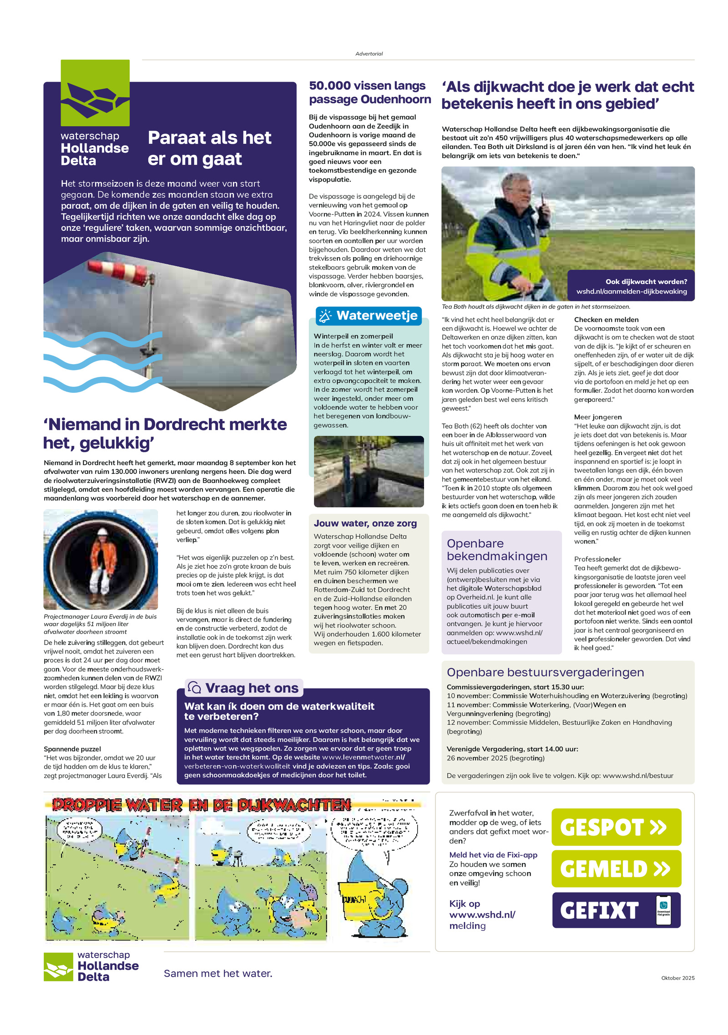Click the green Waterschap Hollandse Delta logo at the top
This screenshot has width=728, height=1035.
[x=95, y=93]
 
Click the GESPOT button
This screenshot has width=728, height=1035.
[x=616, y=827]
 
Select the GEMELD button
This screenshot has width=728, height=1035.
[x=616, y=868]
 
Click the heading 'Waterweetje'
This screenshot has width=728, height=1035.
[x=377, y=315]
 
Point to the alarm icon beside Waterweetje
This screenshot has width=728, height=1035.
[x=325, y=316]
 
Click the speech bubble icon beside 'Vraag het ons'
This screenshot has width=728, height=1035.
[x=194, y=687]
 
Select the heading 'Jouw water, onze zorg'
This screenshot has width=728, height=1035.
[x=365, y=523]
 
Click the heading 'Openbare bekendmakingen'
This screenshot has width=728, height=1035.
[x=497, y=549]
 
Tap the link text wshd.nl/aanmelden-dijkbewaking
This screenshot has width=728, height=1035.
[x=632, y=291]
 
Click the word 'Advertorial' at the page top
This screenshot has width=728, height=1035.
[x=369, y=54]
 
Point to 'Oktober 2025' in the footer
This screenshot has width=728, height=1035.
[x=677, y=978]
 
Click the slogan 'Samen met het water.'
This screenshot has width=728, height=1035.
[x=218, y=973]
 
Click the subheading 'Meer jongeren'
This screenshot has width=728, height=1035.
[x=597, y=417]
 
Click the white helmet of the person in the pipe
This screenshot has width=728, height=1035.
[x=102, y=532]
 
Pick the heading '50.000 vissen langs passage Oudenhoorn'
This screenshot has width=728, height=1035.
[x=369, y=92]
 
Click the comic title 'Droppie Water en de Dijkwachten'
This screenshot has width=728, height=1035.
[x=201, y=805]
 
